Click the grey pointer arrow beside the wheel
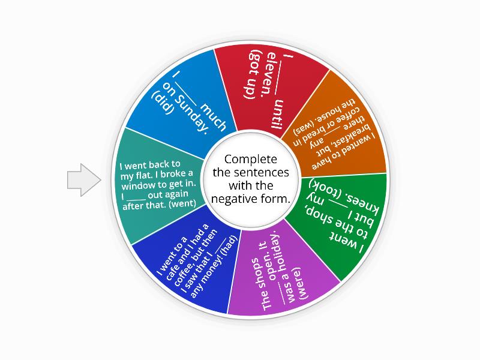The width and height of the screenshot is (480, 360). point(84,180)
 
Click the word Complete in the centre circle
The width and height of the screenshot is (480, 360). point(250,160)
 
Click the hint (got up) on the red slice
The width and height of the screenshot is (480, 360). point(254,74)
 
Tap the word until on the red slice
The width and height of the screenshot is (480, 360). point(277,114)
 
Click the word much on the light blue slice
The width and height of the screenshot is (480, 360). point(214,117)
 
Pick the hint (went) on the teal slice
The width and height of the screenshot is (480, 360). point(182,203)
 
